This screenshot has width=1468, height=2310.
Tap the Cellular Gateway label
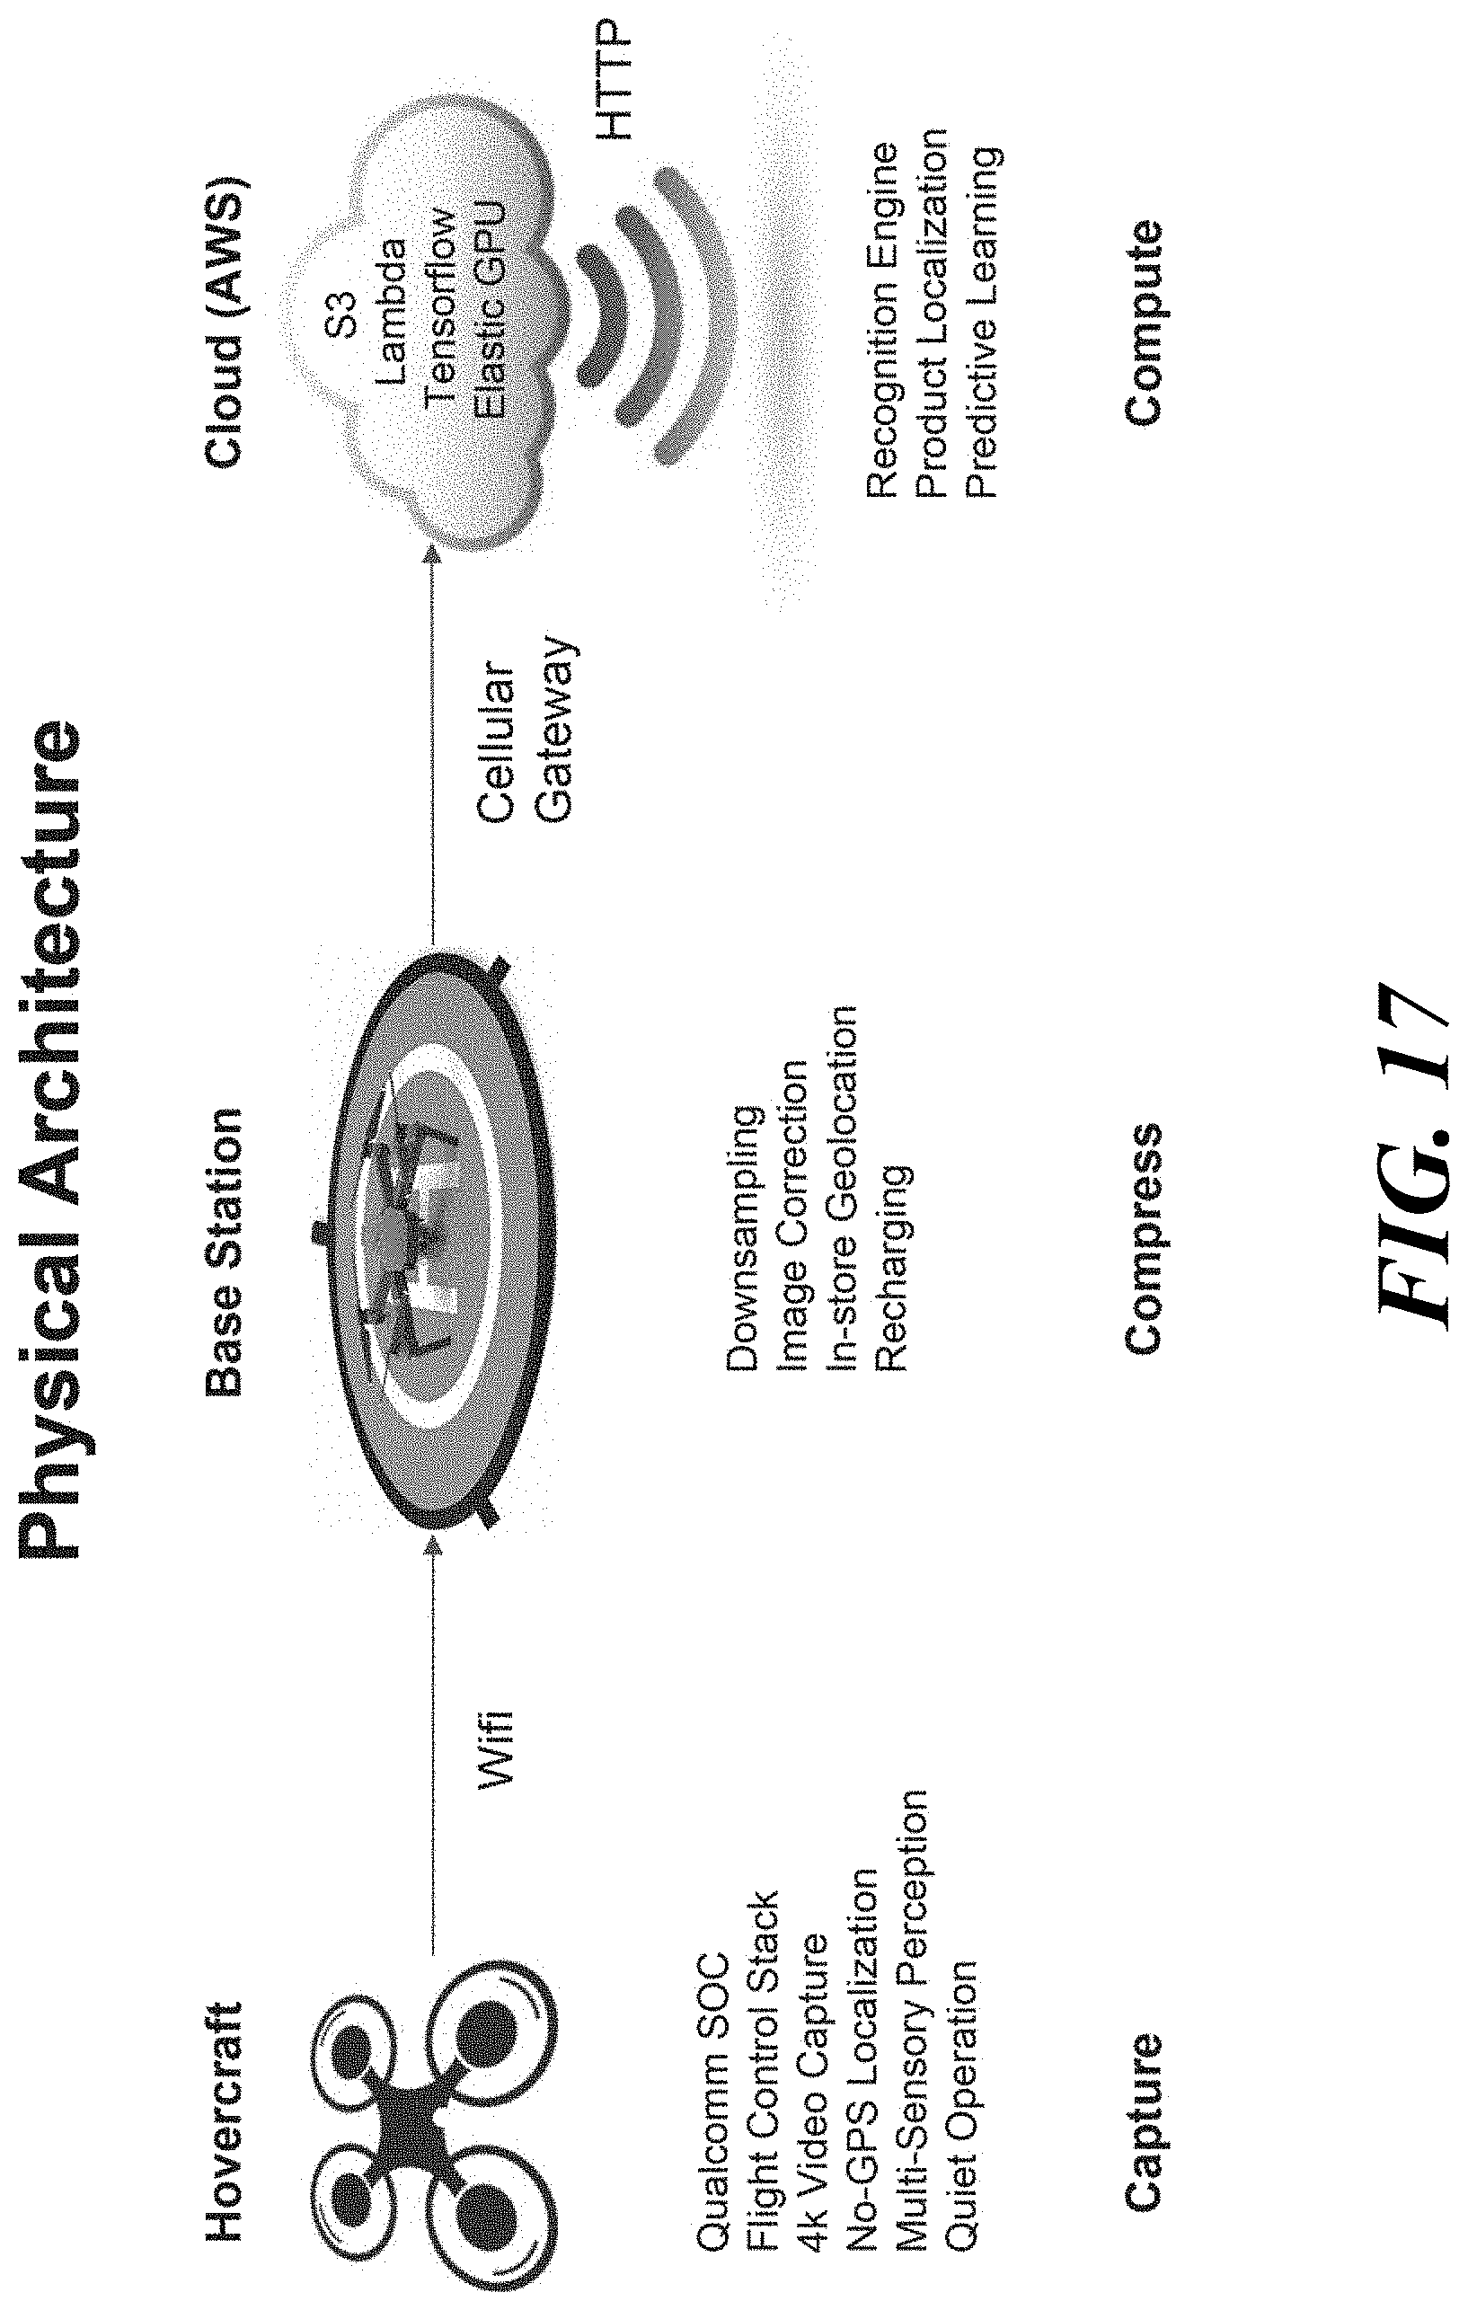527,729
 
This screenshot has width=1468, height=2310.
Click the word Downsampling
745,1236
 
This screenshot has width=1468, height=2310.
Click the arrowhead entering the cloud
432,553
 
